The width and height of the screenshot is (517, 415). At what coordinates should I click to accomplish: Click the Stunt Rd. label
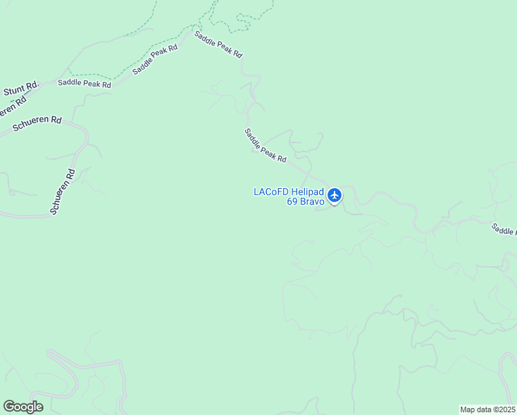21,89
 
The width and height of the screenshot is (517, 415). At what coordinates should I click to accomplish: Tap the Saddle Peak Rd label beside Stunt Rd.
84,83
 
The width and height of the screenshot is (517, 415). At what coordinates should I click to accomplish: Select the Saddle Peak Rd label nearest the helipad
265,146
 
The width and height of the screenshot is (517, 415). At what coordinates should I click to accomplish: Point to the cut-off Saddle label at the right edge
504,229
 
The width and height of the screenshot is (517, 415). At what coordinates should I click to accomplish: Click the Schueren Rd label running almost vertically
63,192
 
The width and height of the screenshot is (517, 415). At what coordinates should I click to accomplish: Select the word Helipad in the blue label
307,192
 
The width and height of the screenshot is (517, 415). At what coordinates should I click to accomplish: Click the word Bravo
311,202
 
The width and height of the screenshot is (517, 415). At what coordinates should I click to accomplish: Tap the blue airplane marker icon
335,196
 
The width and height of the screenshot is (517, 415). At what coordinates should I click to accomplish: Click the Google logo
23,407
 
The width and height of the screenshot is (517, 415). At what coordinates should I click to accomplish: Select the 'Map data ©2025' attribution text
488,409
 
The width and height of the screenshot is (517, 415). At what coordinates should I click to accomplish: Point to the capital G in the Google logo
9,407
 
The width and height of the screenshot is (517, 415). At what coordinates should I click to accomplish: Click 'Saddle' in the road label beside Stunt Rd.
69,83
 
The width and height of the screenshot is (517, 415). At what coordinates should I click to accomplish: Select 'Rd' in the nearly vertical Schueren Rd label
69,174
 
